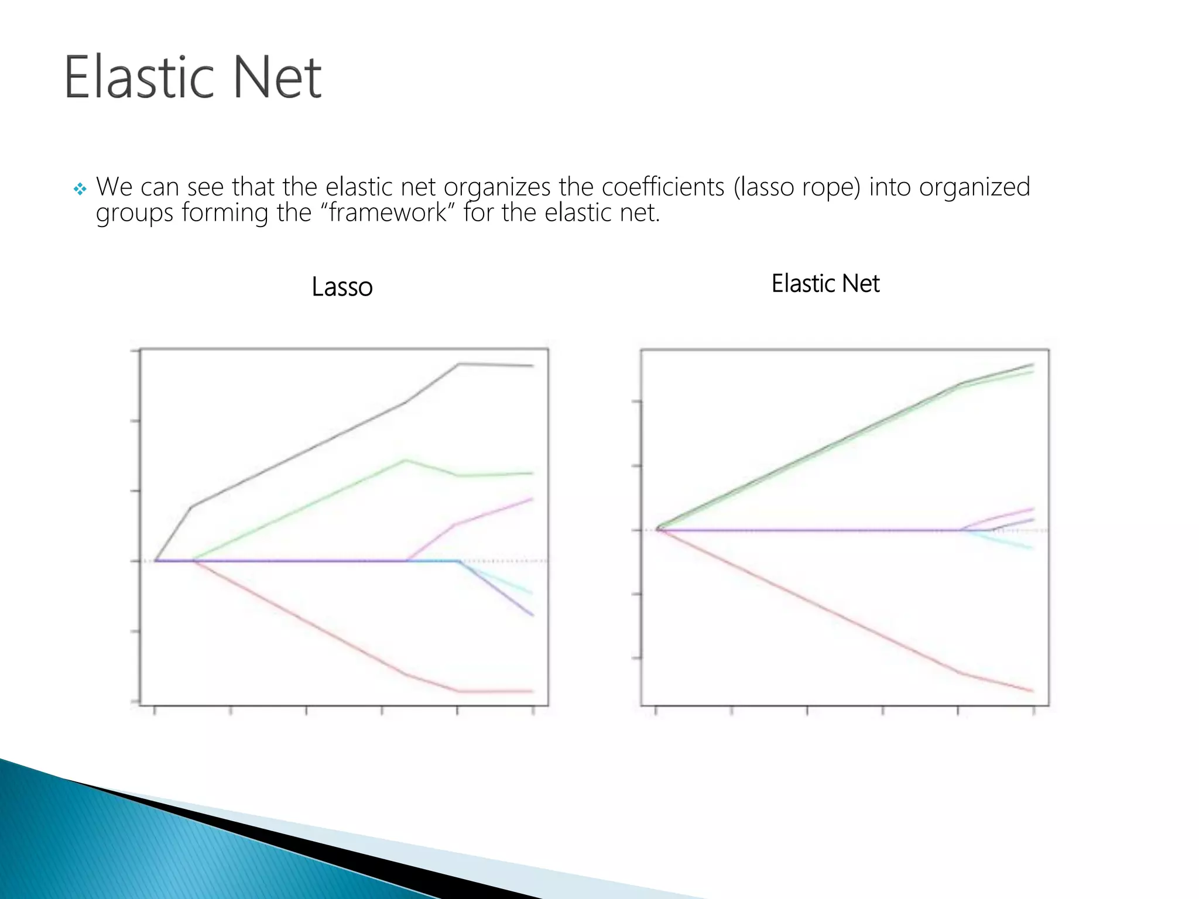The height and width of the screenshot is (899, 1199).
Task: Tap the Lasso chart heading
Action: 342,287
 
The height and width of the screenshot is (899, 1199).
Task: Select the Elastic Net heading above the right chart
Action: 825,284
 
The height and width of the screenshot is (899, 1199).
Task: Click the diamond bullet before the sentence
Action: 80,189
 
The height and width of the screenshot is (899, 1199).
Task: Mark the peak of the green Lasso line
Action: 405,461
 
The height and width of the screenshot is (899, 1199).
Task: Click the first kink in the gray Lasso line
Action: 192,506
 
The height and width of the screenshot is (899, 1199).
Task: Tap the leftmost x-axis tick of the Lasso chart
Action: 155,711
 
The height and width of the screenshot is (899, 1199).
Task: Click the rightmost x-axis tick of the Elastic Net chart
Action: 1033,711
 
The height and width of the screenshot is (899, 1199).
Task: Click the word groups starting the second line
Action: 135,214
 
